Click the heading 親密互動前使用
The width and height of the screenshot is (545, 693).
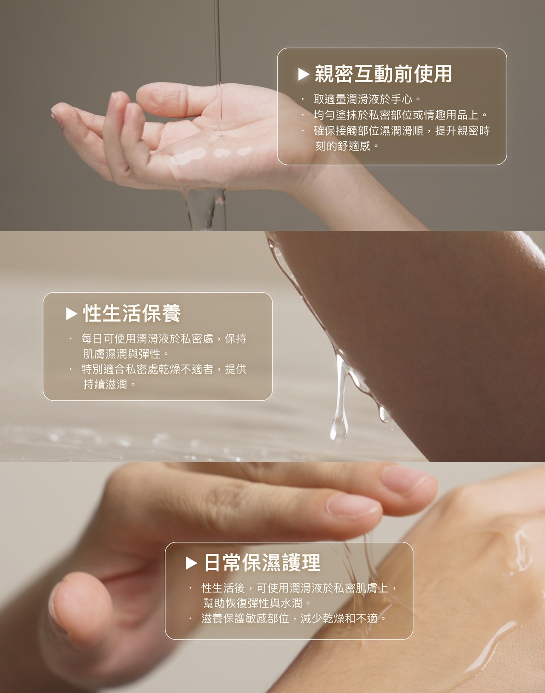[x=383, y=74]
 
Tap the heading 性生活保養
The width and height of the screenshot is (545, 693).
[x=132, y=314]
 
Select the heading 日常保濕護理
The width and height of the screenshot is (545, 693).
[x=262, y=563]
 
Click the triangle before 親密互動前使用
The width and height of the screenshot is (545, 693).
[x=304, y=74]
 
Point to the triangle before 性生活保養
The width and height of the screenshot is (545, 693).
[x=72, y=314]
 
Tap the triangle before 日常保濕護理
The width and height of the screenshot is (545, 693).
[x=192, y=563]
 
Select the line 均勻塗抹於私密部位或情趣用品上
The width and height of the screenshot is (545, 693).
[x=400, y=115]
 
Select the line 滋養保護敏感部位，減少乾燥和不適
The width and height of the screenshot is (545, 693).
[x=293, y=619]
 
